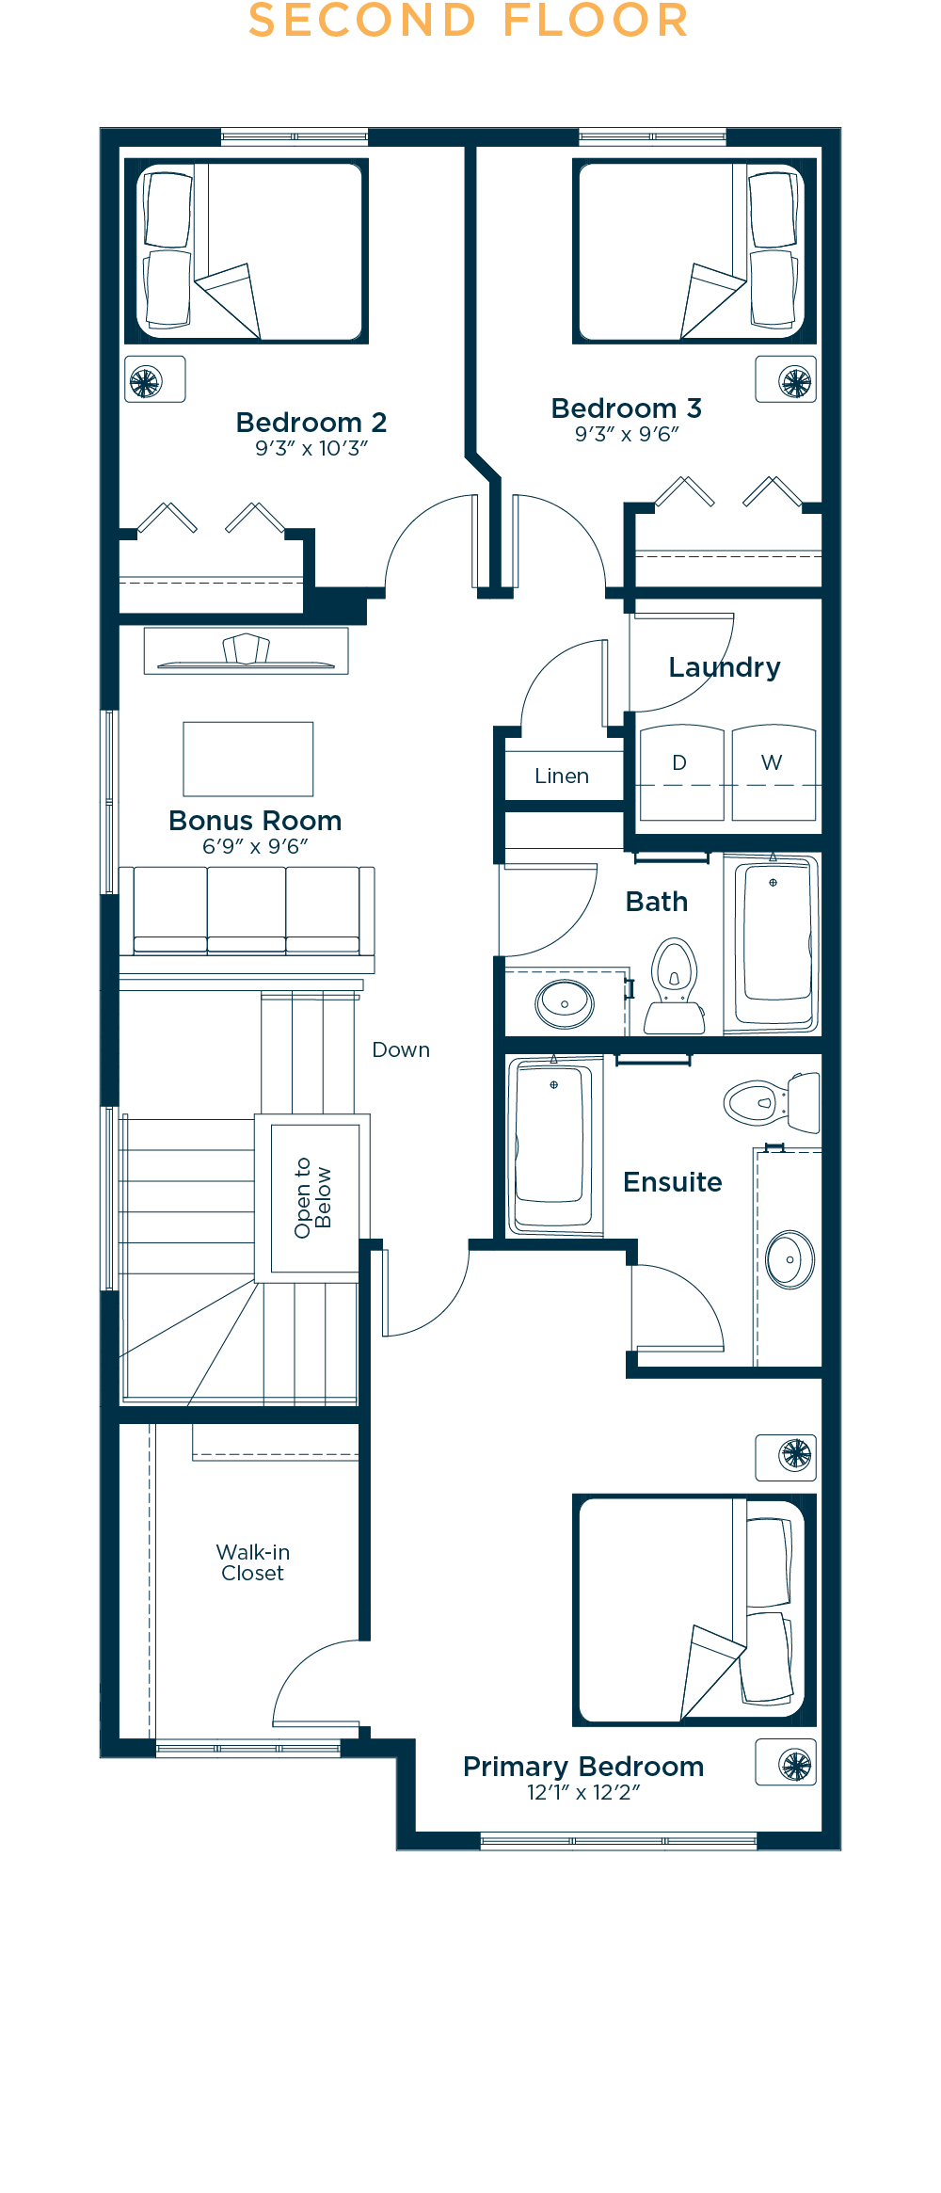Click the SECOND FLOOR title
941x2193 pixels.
click(469, 21)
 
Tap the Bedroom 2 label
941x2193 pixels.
click(311, 422)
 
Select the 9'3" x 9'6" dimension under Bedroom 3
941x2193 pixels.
click(627, 434)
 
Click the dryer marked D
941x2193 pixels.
click(682, 772)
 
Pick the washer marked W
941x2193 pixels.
click(774, 772)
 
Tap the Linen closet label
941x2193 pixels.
click(562, 776)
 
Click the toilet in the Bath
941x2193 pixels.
click(675, 986)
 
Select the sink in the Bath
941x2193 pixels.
click(565, 1003)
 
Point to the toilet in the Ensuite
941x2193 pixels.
click(772, 1101)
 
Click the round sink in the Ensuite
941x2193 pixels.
click(790, 1259)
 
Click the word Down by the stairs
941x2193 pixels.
click(401, 1049)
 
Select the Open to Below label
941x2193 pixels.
click(312, 1197)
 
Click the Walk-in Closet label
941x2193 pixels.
click(253, 1562)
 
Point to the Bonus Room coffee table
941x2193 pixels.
click(248, 759)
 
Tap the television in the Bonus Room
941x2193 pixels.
click(247, 650)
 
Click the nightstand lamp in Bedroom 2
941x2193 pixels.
click(146, 381)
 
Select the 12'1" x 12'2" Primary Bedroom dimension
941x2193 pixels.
click(583, 1792)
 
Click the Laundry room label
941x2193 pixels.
click(725, 667)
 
